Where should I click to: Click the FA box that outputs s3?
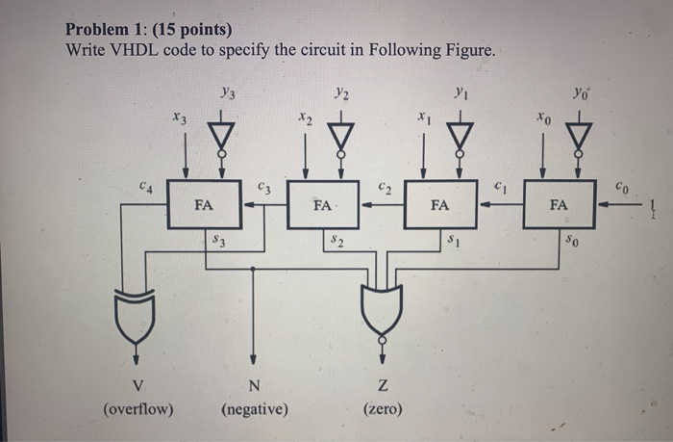[204, 204]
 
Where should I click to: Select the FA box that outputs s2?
[323, 204]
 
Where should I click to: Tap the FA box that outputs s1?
[439, 204]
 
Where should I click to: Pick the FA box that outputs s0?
[559, 204]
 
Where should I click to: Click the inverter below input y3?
[222, 132]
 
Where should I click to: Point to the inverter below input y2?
[341, 132]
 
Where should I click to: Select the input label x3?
[178, 117]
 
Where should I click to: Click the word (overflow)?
[138, 409]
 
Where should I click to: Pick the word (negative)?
[254, 409]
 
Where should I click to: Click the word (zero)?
[383, 409]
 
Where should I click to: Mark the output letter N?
[254, 387]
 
